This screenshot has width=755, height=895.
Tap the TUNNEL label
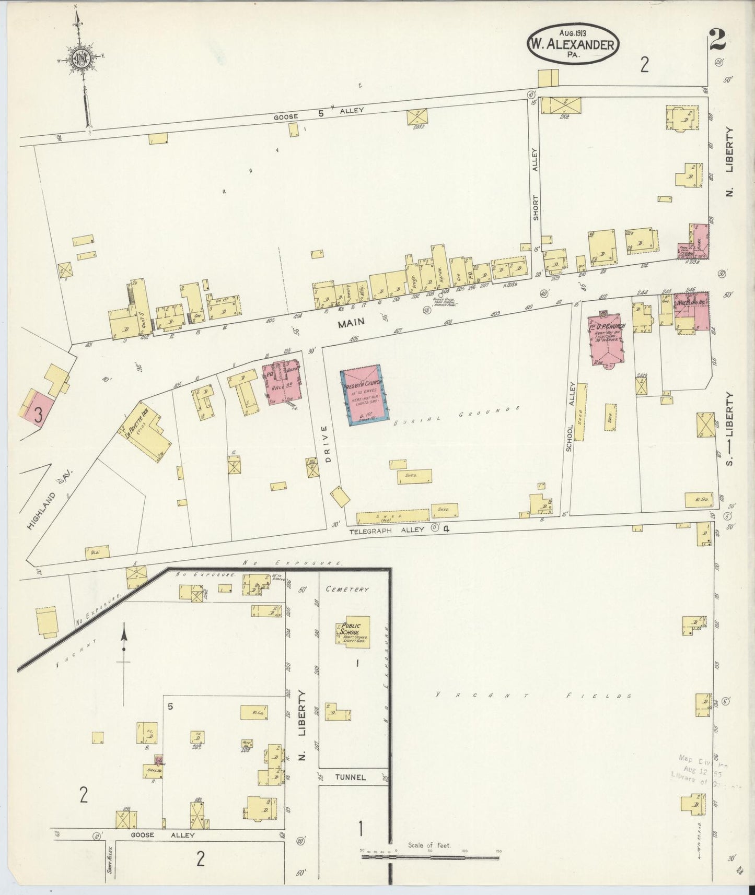coord(351,777)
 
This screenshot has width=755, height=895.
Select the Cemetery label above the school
coord(347,589)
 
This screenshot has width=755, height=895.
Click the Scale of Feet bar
coord(429,857)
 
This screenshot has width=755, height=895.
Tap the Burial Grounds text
coord(455,415)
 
